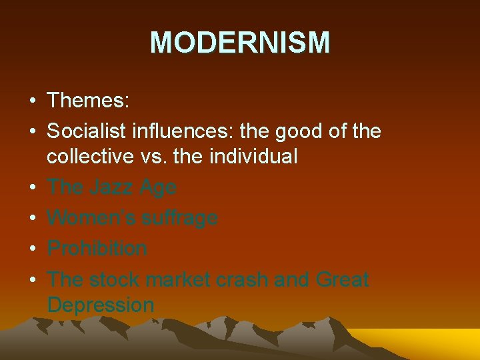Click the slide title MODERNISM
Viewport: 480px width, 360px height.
(x=240, y=43)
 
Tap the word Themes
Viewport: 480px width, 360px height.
(x=88, y=101)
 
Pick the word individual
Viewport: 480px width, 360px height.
(x=254, y=156)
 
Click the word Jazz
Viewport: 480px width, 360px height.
(x=111, y=187)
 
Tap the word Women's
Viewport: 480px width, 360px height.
(x=87, y=217)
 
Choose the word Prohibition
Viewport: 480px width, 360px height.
(x=97, y=248)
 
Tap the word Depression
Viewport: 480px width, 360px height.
(x=101, y=305)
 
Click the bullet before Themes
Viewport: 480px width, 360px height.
(x=32, y=102)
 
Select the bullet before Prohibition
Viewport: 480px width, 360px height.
(x=32, y=249)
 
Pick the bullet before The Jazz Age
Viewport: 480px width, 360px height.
(x=32, y=187)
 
